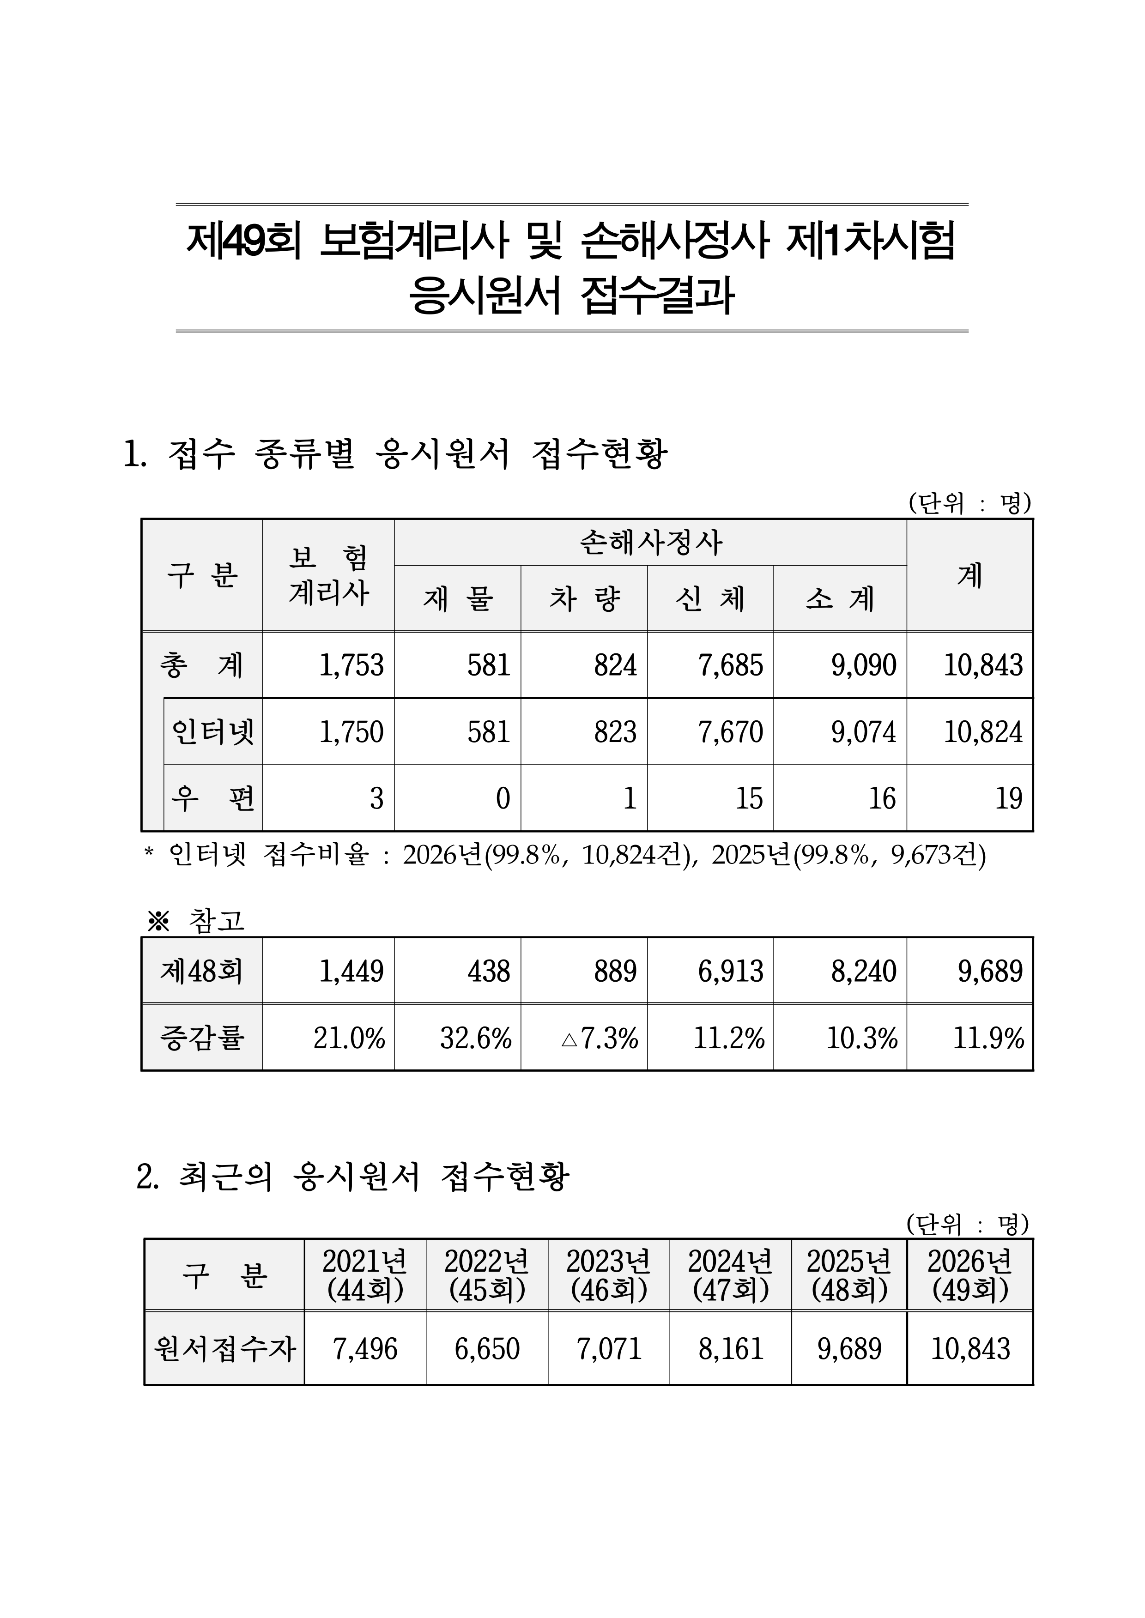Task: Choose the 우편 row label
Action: click(x=213, y=798)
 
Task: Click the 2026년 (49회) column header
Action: click(x=970, y=1275)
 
